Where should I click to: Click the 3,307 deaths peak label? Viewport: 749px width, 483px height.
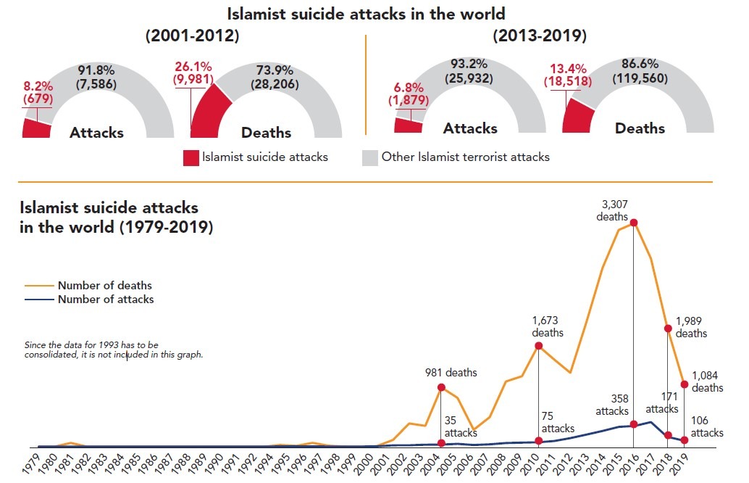coord(612,210)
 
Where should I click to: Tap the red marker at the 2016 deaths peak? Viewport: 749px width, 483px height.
coord(634,223)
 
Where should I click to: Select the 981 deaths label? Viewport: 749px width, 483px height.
coord(451,373)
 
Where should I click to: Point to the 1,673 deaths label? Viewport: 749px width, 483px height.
coord(548,326)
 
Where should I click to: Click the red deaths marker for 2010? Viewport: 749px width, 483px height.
coord(538,346)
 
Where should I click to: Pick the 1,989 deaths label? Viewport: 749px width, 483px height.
coord(692,327)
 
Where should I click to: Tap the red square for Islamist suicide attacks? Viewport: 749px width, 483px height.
coord(190,157)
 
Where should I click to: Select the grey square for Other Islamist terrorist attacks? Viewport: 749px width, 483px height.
coord(369,157)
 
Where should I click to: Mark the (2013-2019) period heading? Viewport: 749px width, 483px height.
coord(539,36)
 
